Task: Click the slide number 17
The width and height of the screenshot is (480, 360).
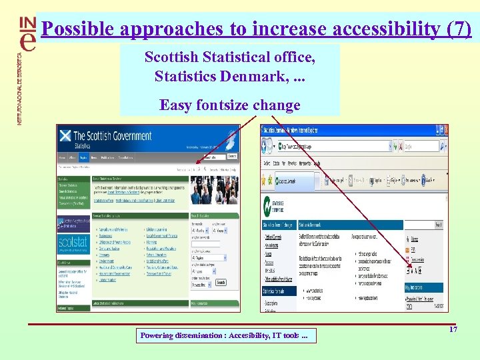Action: (453, 329)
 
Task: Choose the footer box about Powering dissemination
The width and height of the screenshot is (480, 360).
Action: (226, 335)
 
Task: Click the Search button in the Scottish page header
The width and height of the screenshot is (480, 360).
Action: (232, 156)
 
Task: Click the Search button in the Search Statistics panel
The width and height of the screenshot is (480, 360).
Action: (221, 282)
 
